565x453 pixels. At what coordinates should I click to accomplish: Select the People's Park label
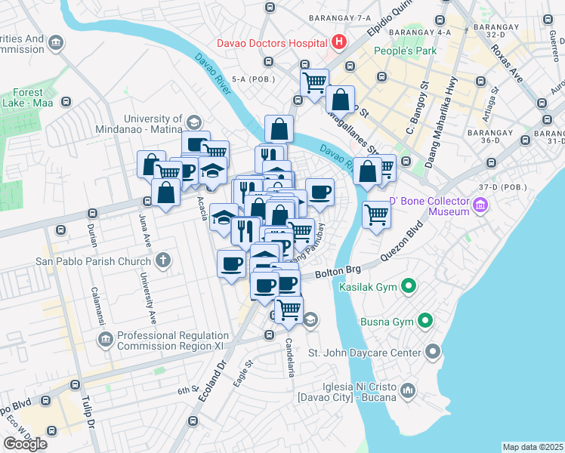[x=406, y=51]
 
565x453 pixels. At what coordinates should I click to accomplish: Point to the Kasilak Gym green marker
[x=409, y=286]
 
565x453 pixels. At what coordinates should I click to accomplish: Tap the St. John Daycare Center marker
[x=432, y=352]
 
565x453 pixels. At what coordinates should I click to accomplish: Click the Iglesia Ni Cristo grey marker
[x=408, y=390]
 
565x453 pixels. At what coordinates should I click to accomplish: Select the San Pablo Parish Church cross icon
[x=162, y=261]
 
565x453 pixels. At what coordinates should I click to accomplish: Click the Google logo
[x=26, y=444]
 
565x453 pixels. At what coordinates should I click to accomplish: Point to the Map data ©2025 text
[x=532, y=447]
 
